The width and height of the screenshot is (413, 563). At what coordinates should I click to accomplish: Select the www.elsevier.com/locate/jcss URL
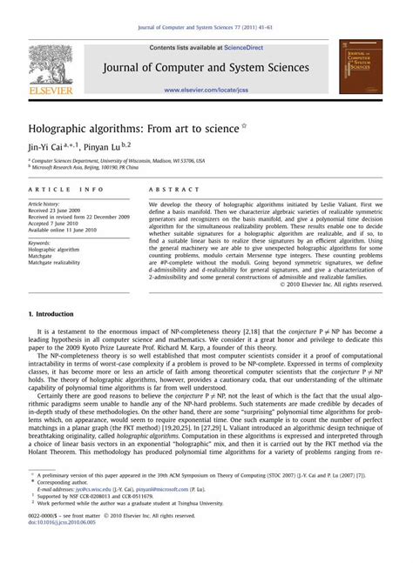pos(206,90)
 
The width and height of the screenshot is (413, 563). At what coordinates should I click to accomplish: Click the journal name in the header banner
pos(206,67)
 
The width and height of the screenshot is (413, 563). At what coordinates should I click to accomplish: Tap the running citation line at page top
pos(206,28)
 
